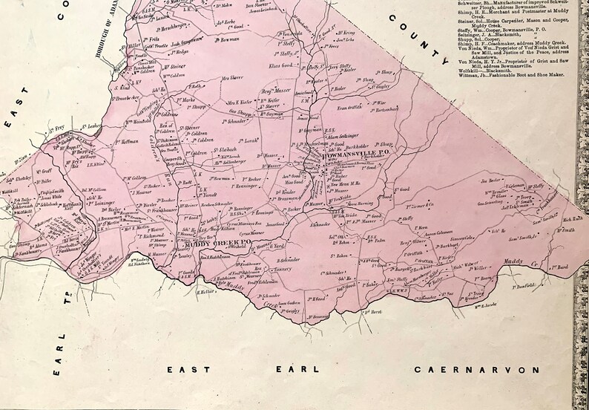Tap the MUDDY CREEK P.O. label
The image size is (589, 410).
pyautogui.click(x=208, y=244)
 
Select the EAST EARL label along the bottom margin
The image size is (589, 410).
pyautogui.click(x=243, y=369)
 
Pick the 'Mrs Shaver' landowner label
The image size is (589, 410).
pyautogui.click(x=232, y=78)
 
